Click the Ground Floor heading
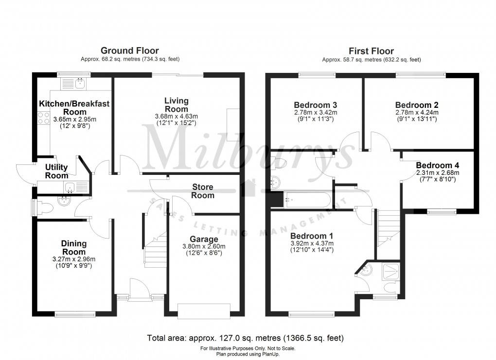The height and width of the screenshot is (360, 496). coord(129,51)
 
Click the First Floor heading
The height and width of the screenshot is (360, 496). coord(371,51)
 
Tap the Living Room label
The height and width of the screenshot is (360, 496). coord(176,105)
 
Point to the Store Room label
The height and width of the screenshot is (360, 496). coord(203,191)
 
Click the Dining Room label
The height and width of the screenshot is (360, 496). coord(73,247)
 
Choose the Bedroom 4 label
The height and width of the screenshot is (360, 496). coord(437,164)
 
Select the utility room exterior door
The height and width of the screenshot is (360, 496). coord(24,172)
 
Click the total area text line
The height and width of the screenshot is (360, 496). coord(247,338)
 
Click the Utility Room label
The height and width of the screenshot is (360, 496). coord(57,171)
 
